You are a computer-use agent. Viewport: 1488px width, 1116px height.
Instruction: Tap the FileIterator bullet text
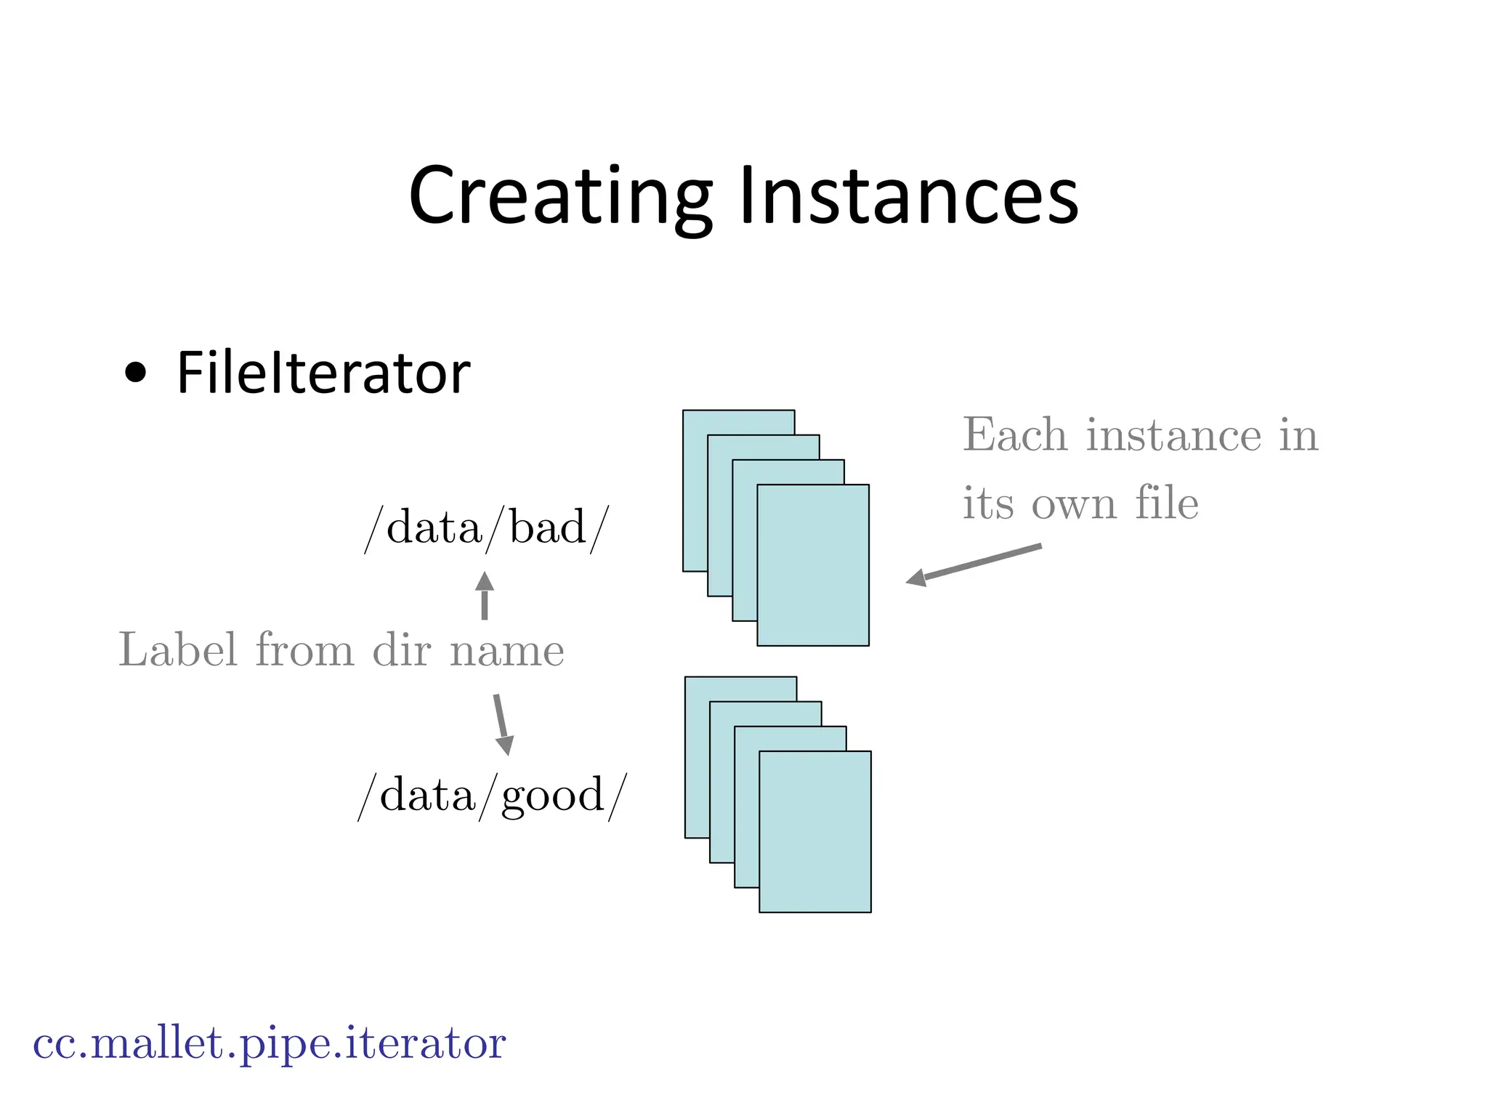323,373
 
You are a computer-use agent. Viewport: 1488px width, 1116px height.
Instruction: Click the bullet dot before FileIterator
135,373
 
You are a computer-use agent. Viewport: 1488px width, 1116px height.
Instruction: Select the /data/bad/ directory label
486,528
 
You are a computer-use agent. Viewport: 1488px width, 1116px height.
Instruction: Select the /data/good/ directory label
492,795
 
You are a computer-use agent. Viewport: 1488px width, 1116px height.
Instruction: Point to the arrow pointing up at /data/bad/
485,595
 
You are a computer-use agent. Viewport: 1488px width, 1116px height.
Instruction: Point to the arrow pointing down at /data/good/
502,725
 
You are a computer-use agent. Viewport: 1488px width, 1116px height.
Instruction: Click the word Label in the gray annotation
177,650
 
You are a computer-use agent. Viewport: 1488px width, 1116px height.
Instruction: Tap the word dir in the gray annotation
402,650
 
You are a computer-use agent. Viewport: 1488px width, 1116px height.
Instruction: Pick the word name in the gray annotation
506,651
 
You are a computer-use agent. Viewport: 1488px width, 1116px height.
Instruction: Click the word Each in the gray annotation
1015,435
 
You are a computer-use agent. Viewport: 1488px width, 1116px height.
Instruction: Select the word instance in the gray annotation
1173,435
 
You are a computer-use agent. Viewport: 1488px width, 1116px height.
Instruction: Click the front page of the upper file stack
813,565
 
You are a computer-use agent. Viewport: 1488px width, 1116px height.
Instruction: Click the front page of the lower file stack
815,831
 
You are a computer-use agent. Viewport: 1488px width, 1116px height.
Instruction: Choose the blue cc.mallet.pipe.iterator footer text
269,1044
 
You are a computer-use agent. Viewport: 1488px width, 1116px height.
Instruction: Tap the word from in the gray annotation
304,650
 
